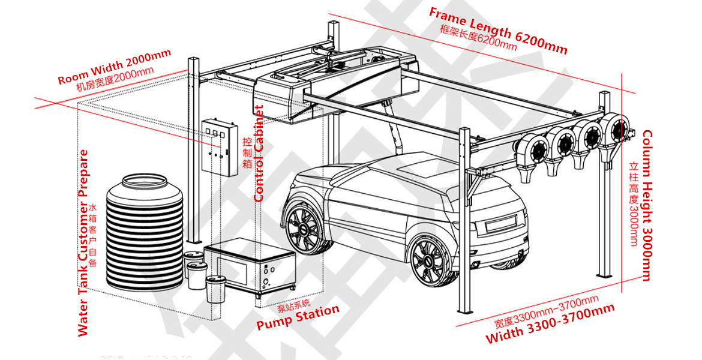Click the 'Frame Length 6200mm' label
(x=497, y=31)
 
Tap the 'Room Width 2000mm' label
(x=114, y=67)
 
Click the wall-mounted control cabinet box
(x=217, y=146)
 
